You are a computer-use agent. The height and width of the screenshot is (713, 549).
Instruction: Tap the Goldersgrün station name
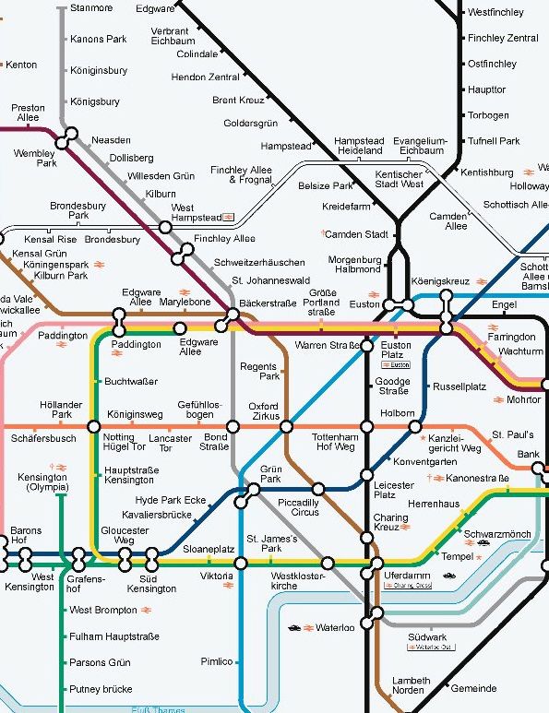click(x=250, y=123)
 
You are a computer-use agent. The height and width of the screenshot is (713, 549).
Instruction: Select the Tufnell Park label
click(x=494, y=141)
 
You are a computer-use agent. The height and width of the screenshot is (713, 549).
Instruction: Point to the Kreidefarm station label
click(x=346, y=207)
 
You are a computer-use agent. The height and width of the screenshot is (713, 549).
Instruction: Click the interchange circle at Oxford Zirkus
click(x=286, y=426)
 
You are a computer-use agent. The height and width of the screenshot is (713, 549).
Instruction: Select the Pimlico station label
click(x=216, y=661)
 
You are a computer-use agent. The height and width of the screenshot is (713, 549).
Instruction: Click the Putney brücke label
click(x=101, y=689)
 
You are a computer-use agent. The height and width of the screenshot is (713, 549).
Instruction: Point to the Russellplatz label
click(x=459, y=386)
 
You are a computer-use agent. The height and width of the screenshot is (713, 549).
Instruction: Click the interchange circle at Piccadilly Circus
click(x=318, y=489)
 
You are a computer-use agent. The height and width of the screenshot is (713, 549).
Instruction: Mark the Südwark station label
click(x=426, y=636)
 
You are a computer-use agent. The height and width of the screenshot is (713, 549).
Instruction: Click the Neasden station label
click(x=111, y=139)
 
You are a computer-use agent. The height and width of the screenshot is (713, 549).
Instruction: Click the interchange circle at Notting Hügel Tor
click(x=93, y=426)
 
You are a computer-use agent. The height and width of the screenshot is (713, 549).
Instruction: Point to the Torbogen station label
click(x=488, y=115)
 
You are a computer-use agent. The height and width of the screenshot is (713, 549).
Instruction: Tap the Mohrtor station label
click(x=523, y=400)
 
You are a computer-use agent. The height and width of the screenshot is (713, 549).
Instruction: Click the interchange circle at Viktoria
click(x=241, y=563)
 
